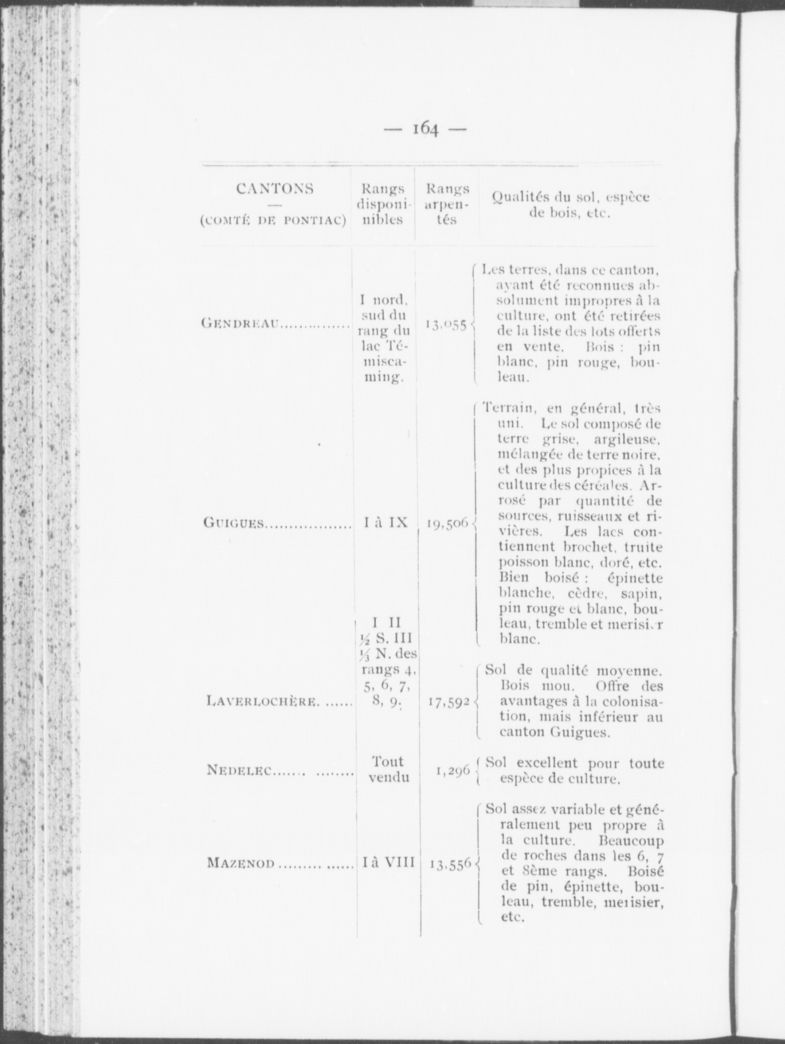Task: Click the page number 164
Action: click(425, 128)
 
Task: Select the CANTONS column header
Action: click(275, 189)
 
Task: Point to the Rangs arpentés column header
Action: click(447, 204)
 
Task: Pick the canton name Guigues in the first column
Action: click(234, 523)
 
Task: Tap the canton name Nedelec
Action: click(239, 770)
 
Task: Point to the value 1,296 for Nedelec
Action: click(453, 770)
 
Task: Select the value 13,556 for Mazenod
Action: click(450, 864)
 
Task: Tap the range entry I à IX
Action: click(385, 523)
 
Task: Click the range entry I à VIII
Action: click(387, 862)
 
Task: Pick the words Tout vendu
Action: click(389, 769)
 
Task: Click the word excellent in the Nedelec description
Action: click(547, 763)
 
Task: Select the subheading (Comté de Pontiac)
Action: click(273, 221)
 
